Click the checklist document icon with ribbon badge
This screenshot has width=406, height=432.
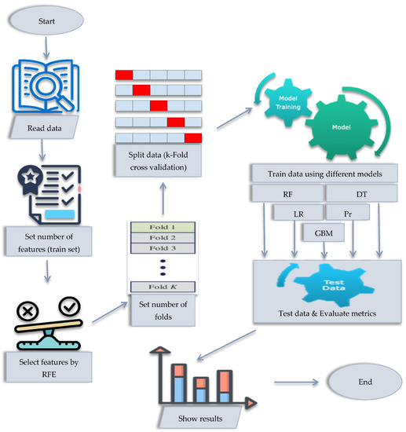[x=48, y=193]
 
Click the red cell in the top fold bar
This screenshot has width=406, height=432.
[x=124, y=75]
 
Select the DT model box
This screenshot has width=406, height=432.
[x=361, y=192]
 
